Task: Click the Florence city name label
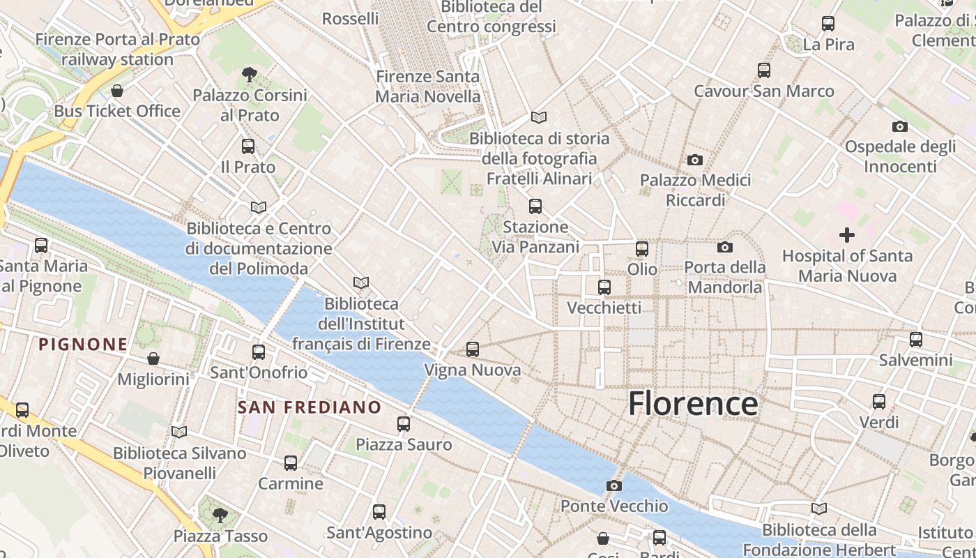click(x=693, y=404)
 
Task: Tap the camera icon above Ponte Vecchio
click(x=614, y=485)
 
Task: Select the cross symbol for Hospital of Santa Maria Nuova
click(x=847, y=235)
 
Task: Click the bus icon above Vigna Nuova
click(x=473, y=349)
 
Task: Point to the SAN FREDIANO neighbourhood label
click(x=310, y=407)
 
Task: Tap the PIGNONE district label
click(x=84, y=344)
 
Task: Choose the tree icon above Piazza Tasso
click(x=220, y=515)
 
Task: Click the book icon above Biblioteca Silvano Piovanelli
click(x=179, y=432)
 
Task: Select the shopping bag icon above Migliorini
click(x=153, y=359)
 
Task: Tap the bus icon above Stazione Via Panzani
click(x=535, y=206)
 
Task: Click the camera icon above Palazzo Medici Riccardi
click(x=695, y=160)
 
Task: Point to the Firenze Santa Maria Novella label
click(x=428, y=86)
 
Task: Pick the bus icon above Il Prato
click(x=248, y=146)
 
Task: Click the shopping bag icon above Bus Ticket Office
click(x=117, y=91)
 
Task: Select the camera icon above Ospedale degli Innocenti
click(x=900, y=126)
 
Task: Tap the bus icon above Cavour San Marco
click(x=764, y=70)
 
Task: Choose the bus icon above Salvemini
click(x=916, y=340)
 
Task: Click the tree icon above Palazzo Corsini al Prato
click(x=249, y=74)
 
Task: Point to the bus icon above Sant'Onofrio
click(x=259, y=352)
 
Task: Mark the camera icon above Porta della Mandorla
click(x=725, y=247)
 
